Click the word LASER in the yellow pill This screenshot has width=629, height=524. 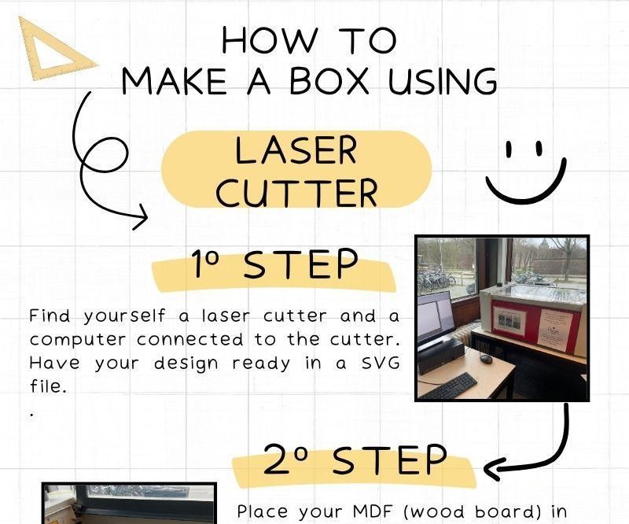(x=296, y=150)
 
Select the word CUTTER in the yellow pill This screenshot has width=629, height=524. (x=296, y=192)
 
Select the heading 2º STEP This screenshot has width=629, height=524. (x=355, y=461)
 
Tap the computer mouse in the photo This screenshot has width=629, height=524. (x=486, y=358)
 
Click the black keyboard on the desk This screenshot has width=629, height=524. (x=450, y=386)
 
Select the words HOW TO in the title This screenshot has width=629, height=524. (x=309, y=40)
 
